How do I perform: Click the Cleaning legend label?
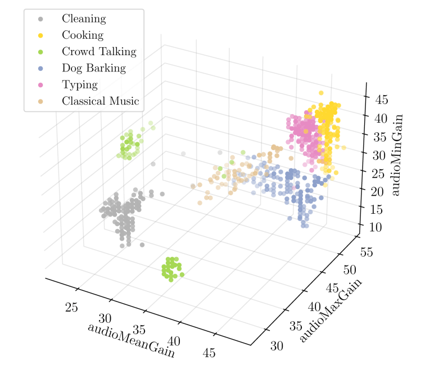point(84,19)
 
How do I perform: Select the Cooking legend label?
point(83,35)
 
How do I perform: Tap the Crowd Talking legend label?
point(99,52)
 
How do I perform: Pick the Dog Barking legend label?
point(94,68)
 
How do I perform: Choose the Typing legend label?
point(80,85)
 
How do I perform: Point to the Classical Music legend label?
point(100,101)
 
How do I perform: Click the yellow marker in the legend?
point(40,35)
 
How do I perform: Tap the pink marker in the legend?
point(40,85)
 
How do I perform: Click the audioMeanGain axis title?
point(131,340)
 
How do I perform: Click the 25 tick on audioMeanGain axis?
point(71,308)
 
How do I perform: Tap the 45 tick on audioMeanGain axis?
point(209,353)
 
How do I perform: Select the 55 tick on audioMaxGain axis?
point(367,252)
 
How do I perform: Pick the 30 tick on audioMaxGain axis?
point(277,346)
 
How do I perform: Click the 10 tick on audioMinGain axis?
point(376,227)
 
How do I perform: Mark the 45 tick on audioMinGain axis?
point(382,100)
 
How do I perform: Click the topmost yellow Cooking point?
point(321,93)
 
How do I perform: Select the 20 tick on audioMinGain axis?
point(377,192)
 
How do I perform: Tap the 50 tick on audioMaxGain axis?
point(350,270)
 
